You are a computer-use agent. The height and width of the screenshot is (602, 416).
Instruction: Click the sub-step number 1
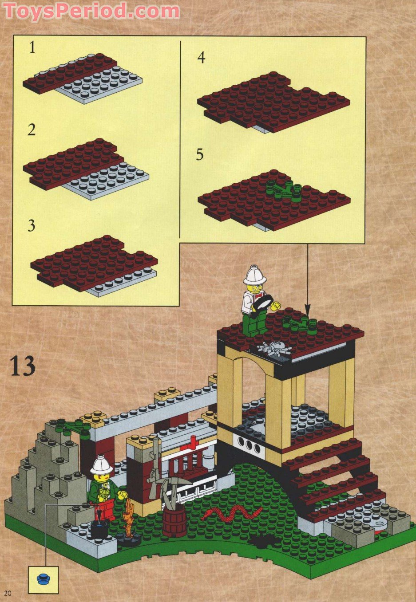[32, 47]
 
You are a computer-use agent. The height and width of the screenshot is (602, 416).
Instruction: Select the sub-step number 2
[32, 130]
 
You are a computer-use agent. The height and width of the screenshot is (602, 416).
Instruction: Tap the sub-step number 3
[31, 226]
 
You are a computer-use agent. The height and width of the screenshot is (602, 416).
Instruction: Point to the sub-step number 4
[202, 58]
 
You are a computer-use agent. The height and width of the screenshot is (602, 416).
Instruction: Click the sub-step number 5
[200, 155]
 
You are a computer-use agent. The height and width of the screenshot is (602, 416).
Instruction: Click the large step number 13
[22, 366]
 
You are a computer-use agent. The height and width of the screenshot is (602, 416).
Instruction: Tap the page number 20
[8, 593]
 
